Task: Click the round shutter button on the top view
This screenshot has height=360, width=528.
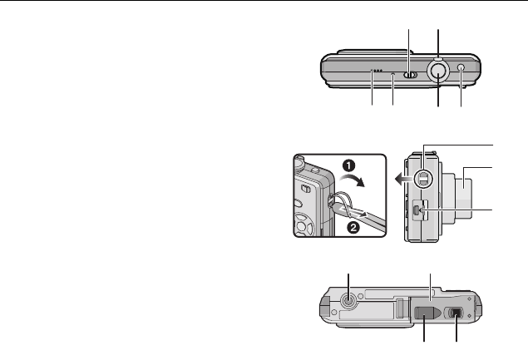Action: [438, 71]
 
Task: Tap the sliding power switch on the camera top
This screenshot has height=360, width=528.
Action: [410, 75]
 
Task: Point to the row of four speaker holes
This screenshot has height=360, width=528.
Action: [377, 71]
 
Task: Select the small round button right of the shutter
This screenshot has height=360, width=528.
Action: [461, 67]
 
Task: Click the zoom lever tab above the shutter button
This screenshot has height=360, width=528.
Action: [437, 58]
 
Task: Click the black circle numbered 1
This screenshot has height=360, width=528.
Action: [349, 165]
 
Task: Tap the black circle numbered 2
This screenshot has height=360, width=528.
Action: [353, 228]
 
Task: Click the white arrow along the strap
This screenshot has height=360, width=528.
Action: [353, 211]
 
